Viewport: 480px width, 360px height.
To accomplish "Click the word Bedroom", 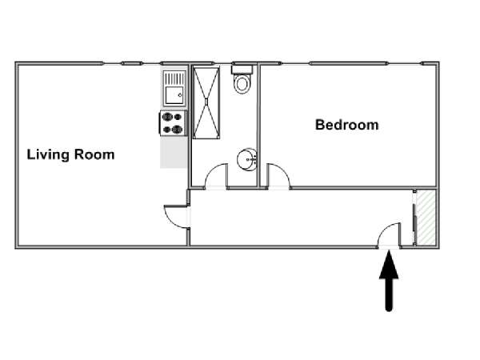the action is click(x=347, y=125).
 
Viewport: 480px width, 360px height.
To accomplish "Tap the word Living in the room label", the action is click(x=48, y=155).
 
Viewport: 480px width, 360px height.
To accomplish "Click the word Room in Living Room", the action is click(x=94, y=154).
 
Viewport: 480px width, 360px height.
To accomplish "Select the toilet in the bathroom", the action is click(x=242, y=79).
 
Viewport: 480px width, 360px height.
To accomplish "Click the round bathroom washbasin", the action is click(x=246, y=159).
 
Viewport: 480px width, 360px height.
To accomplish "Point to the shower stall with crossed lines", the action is click(x=206, y=102).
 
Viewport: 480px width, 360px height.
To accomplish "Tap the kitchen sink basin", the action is click(x=174, y=95).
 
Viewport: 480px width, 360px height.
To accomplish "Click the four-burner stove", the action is click(x=173, y=123).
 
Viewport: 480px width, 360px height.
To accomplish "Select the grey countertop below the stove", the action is click(x=174, y=152).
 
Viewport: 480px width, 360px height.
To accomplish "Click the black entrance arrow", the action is click(x=389, y=281).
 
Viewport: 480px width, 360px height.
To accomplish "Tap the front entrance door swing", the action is click(x=389, y=234).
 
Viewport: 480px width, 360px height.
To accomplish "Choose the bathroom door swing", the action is click(x=217, y=175).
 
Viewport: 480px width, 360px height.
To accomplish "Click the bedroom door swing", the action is click(x=278, y=175).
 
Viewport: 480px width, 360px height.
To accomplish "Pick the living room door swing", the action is click(x=176, y=217).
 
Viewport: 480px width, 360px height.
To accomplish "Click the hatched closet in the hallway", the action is click(x=426, y=218).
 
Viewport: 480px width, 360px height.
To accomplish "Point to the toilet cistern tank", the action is click(x=242, y=69).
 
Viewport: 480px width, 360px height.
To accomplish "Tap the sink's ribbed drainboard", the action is click(x=174, y=78).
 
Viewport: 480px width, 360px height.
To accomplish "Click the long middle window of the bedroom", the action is click(x=349, y=64).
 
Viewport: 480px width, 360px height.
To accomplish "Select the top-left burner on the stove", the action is click(x=167, y=117).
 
